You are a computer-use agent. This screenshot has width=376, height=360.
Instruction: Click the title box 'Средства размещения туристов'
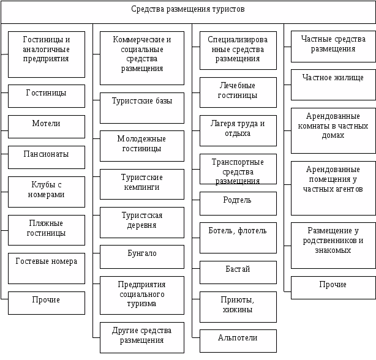point(188,10)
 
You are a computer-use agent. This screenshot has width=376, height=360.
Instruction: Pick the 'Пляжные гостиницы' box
point(47,229)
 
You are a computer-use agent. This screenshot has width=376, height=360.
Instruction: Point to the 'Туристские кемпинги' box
point(141,183)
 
